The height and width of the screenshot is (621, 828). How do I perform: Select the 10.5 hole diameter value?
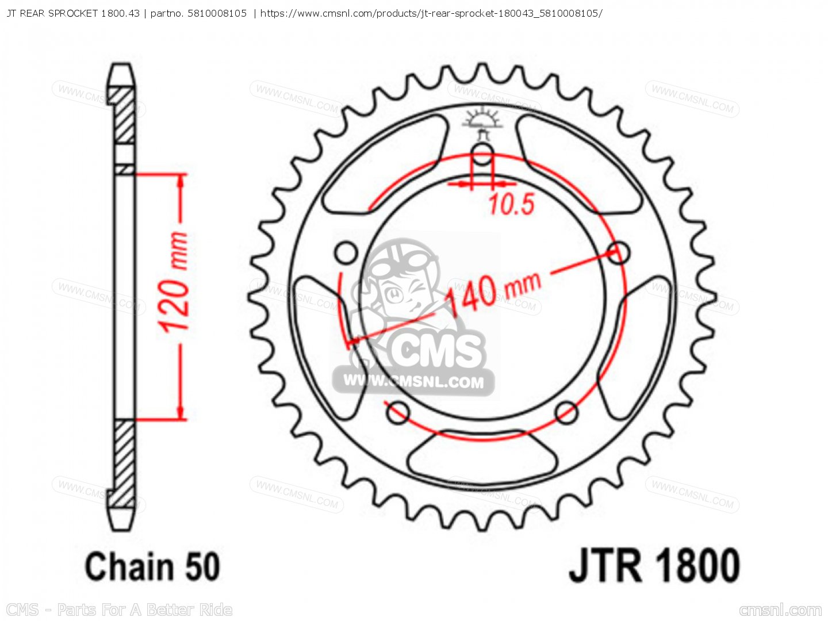511,205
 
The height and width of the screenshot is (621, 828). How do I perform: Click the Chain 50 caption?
152,566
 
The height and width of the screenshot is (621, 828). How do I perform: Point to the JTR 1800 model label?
654,566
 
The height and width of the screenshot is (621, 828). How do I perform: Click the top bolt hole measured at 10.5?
482,154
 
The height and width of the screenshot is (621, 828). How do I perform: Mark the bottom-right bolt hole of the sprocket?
566,412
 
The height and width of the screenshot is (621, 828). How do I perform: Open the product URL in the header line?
431,13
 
